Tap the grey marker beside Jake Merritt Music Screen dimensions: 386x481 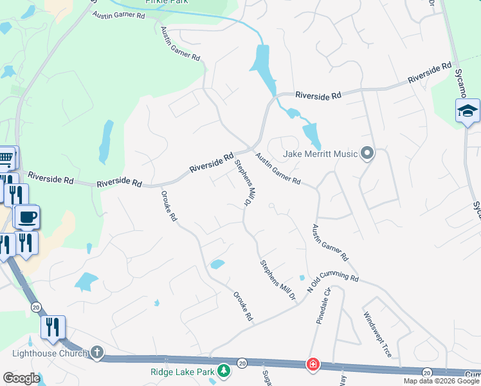click(x=367, y=153)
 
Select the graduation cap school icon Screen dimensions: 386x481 click(x=467, y=112)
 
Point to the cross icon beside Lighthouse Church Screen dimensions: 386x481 click(x=96, y=352)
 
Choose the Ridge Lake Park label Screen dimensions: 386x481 click(x=183, y=371)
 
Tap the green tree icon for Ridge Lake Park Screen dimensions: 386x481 click(x=223, y=371)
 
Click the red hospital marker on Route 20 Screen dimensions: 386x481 click(x=313, y=365)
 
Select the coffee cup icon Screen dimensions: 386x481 click(x=26, y=217)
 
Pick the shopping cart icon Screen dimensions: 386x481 click(x=5, y=157)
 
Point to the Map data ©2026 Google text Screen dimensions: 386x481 click(x=441, y=381)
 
